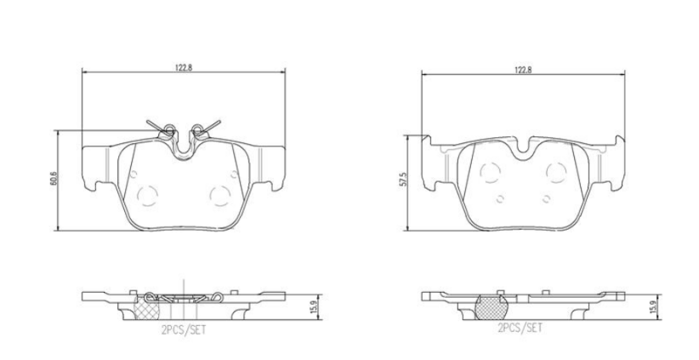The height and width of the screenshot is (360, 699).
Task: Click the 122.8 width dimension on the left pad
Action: click(x=183, y=67)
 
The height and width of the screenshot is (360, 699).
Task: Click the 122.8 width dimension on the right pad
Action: click(x=523, y=70)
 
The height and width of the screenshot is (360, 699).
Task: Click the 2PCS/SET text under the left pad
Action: click(x=183, y=329)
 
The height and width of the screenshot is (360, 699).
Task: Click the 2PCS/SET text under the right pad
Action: click(x=520, y=329)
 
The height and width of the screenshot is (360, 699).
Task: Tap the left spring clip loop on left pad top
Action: click(x=168, y=130)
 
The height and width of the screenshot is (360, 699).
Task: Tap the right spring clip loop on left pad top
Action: click(x=198, y=130)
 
